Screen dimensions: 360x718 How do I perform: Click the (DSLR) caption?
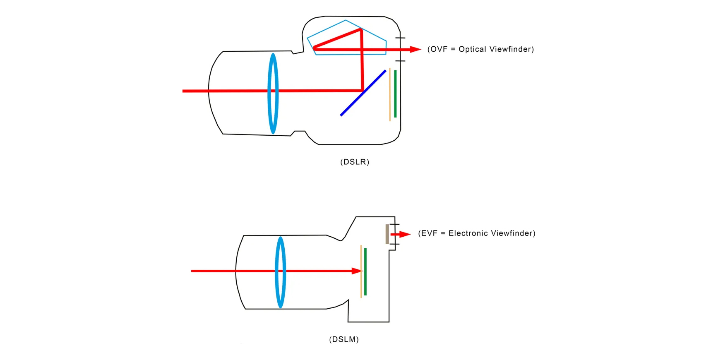pos(355,162)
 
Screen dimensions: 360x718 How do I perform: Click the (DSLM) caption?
pos(344,339)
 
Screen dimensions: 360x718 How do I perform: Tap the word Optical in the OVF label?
pos(472,49)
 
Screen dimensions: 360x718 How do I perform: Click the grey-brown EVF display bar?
pos(387,234)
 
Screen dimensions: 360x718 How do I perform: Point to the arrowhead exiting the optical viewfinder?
pos(415,50)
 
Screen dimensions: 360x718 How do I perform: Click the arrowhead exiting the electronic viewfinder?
pos(405,235)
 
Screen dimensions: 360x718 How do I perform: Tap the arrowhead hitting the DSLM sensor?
pos(356,271)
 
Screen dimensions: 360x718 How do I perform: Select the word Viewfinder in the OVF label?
pos(511,49)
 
